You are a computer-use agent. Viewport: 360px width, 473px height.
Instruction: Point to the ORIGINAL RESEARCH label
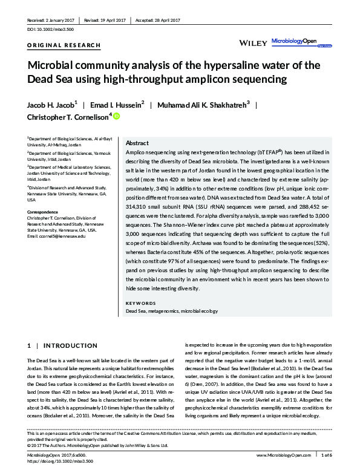click(x=56, y=45)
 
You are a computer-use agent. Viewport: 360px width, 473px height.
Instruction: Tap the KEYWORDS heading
click(x=140, y=302)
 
